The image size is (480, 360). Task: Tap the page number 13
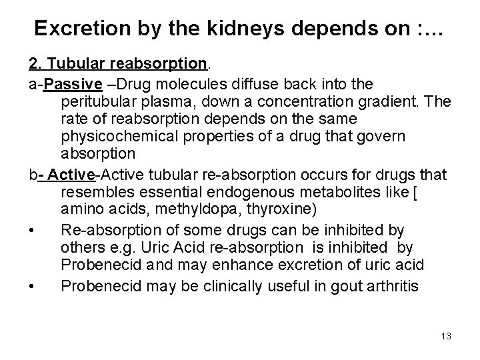tap(445, 336)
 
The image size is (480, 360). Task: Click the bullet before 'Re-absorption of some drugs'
tap(33, 231)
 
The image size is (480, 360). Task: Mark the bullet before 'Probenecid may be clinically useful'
tap(33, 286)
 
